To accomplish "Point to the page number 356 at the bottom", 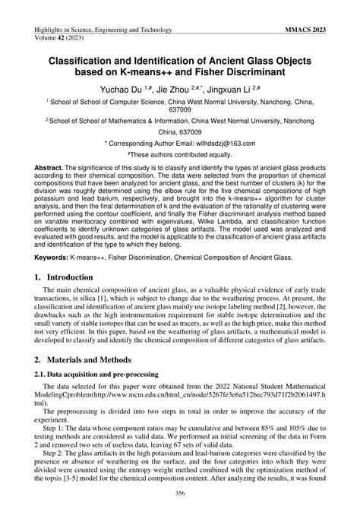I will click(180, 495).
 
